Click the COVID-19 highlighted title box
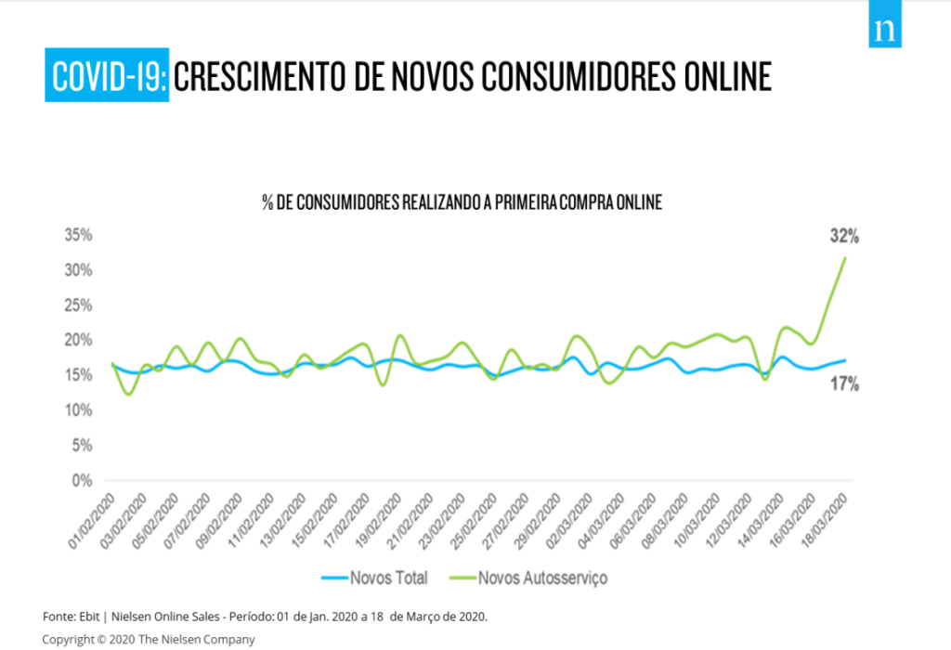point(108,76)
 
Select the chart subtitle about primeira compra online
point(462,202)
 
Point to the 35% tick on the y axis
point(78,235)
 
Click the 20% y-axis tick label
point(78,340)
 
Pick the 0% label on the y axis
point(82,481)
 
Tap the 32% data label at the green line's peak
point(844,237)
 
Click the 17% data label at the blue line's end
point(844,383)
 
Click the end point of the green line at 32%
point(845,258)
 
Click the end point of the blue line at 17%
point(845,360)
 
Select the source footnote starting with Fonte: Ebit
point(265,617)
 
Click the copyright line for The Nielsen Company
point(149,639)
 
